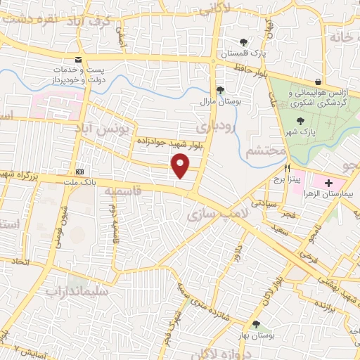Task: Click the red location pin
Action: [x=181, y=166]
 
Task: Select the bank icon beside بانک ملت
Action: [x=79, y=171]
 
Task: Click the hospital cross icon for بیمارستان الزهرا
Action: [x=329, y=182]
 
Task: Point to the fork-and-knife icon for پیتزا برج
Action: [x=287, y=169]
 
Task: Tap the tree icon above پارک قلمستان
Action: [x=243, y=42]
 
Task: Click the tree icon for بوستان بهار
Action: [x=255, y=324]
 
